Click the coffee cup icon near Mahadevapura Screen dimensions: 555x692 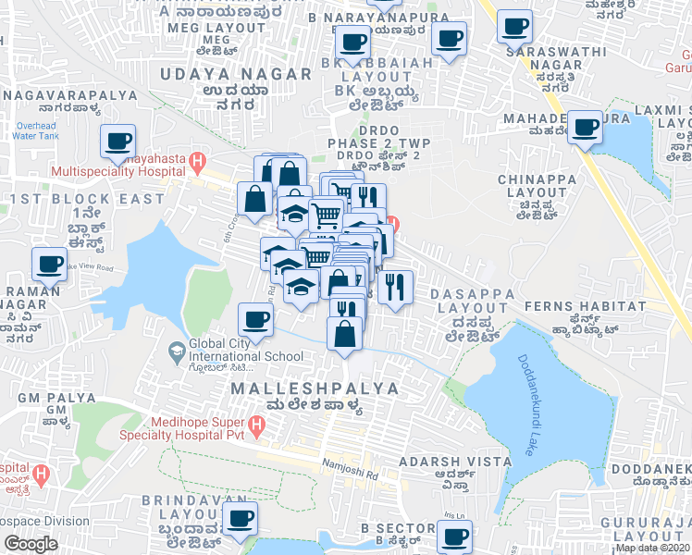click(x=585, y=128)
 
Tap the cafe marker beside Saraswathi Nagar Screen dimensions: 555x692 click(x=514, y=26)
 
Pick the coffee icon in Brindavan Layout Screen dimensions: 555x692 click(x=241, y=517)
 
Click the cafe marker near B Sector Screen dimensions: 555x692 click(x=453, y=536)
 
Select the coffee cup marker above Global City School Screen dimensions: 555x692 click(x=255, y=320)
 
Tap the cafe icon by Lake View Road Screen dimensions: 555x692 click(x=49, y=264)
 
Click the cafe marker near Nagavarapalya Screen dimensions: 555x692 click(x=117, y=142)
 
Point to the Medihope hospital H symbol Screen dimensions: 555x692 click(x=258, y=426)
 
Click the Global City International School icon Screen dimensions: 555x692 click(x=176, y=350)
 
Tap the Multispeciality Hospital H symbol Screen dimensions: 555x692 click(x=196, y=164)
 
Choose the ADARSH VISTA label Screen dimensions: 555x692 click(x=454, y=461)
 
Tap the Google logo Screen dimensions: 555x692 click(x=31, y=544)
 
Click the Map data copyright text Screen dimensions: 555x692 click(x=653, y=548)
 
